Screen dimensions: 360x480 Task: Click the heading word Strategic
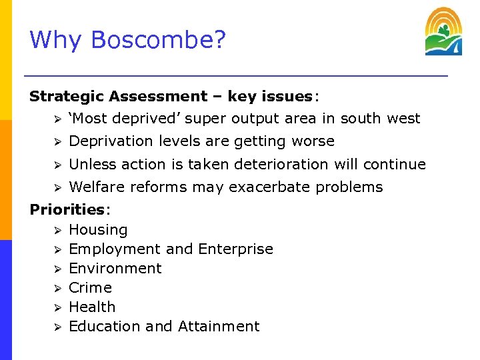click(x=67, y=97)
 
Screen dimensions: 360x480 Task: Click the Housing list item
click(x=98, y=230)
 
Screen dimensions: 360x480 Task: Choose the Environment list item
click(x=115, y=269)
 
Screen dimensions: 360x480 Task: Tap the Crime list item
click(x=90, y=288)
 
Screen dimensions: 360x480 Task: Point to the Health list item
click(x=92, y=307)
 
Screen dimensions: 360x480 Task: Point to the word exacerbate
click(x=270, y=187)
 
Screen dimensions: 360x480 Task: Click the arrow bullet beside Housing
click(x=58, y=231)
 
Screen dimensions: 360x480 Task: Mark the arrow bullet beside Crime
click(x=58, y=289)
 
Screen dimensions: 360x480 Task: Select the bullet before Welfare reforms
click(x=58, y=188)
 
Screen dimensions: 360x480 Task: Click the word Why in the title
click(x=57, y=40)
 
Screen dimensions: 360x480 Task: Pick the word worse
click(x=313, y=141)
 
